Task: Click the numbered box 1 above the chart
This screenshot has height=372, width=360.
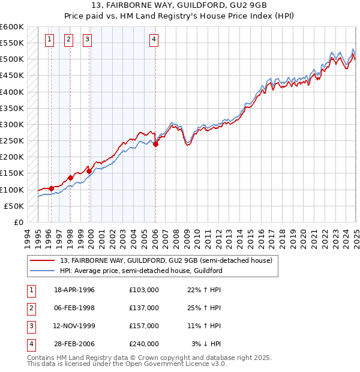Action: coord(49,40)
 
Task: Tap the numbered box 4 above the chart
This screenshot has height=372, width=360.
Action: coord(154,40)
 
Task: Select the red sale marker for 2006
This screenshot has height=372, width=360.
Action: coord(155,144)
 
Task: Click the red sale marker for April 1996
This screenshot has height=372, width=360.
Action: coord(51,188)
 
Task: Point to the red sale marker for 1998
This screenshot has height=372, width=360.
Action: coord(70,178)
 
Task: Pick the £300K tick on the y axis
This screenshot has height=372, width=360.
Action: coord(13,125)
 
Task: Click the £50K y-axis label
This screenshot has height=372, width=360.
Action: coord(14,206)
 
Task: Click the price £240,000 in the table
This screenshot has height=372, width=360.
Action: coord(143,344)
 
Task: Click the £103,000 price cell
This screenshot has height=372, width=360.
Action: coord(143,289)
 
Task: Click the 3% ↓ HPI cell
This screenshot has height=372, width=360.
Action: coord(207,344)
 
